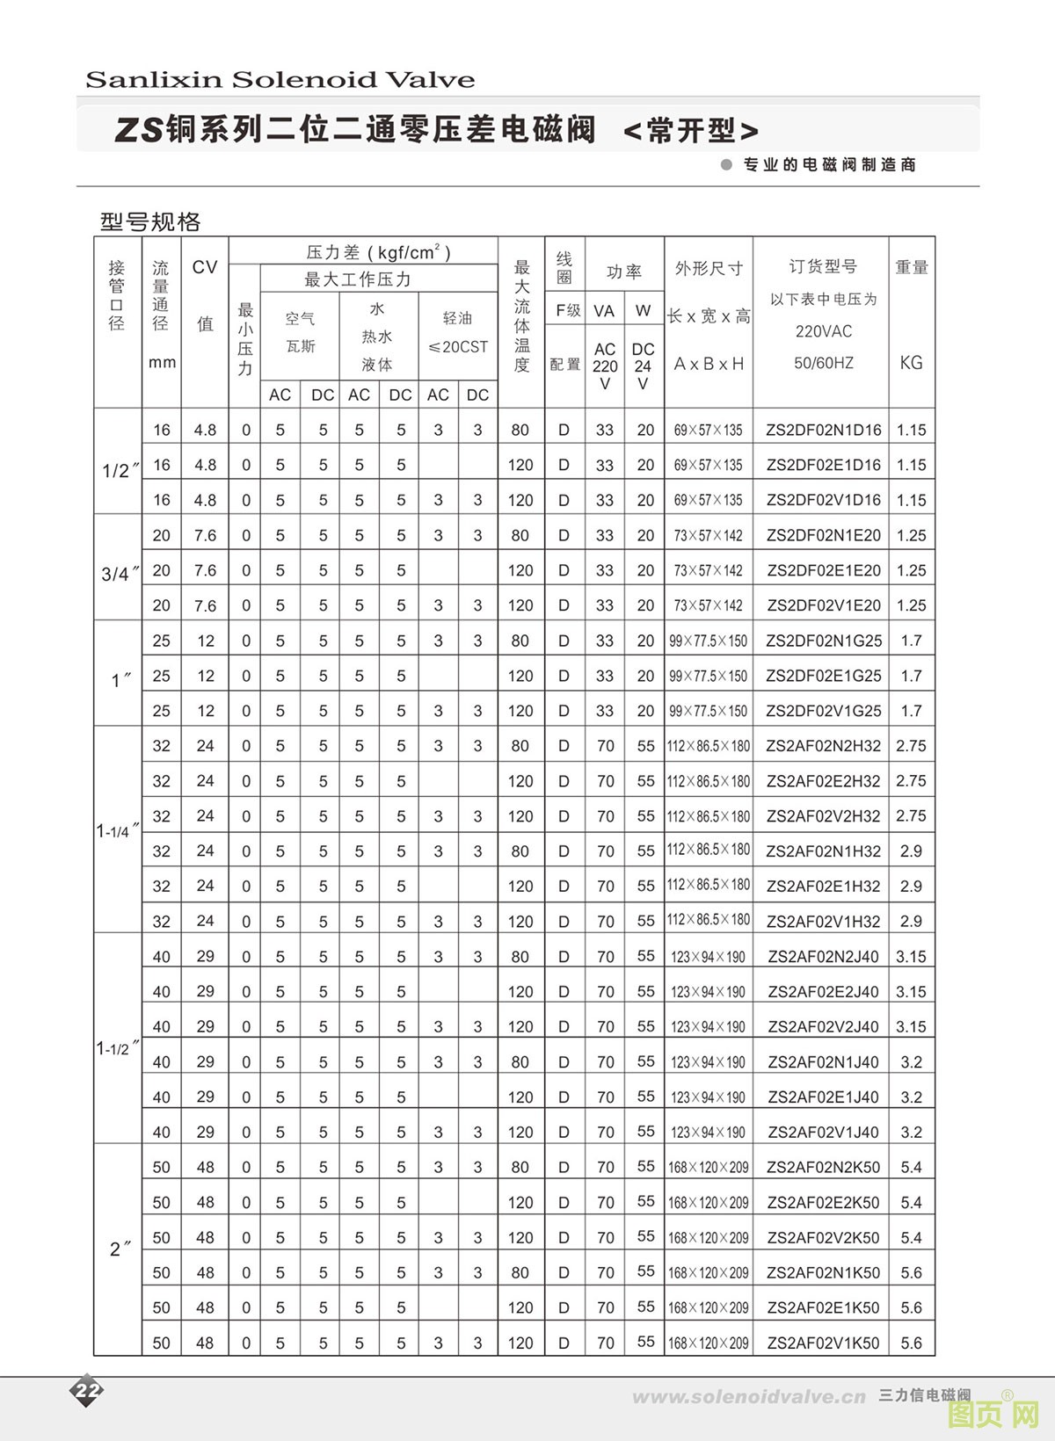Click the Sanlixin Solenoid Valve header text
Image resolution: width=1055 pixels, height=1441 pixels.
click(280, 80)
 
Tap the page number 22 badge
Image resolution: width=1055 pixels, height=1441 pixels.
click(88, 1390)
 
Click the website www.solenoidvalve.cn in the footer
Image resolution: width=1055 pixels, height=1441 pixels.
click(749, 1397)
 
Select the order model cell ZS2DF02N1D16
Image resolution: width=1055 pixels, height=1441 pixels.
click(823, 430)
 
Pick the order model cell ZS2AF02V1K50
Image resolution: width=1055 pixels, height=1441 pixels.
click(823, 1343)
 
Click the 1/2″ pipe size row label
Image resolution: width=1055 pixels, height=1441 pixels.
click(120, 471)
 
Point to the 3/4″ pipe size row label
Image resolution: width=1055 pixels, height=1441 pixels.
click(120, 575)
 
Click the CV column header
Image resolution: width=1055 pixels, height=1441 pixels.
click(205, 268)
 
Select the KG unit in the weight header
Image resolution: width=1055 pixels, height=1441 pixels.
click(911, 362)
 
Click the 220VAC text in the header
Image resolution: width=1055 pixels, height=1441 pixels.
click(823, 331)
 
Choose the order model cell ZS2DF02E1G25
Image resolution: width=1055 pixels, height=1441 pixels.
click(823, 676)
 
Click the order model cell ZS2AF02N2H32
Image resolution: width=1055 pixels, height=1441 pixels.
click(823, 746)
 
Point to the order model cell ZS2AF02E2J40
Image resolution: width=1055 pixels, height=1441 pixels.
click(823, 991)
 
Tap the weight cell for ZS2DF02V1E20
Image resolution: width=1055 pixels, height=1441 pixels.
click(911, 605)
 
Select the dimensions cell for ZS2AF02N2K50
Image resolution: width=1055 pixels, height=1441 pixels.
click(708, 1167)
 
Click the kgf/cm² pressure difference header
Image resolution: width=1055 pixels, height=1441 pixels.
click(378, 253)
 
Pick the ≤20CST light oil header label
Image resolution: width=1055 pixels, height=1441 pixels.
click(457, 347)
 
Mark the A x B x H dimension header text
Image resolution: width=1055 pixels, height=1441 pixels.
click(708, 363)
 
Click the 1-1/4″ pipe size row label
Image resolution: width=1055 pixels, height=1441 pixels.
click(118, 830)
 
